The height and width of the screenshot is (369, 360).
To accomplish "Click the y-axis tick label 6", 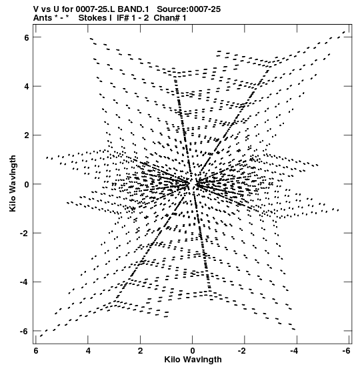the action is pyautogui.click(x=27, y=37).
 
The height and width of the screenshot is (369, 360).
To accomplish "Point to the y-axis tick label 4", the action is pyautogui.click(x=27, y=86).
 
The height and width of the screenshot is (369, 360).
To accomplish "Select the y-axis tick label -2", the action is pyautogui.click(x=25, y=234).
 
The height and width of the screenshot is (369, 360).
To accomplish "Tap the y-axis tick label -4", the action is pyautogui.click(x=25, y=282).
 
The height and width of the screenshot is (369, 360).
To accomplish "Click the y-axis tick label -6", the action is pyautogui.click(x=25, y=331).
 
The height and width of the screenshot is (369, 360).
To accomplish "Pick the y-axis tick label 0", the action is pyautogui.click(x=27, y=184).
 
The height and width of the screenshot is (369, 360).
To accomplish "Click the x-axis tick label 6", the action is pyautogui.click(x=36, y=351).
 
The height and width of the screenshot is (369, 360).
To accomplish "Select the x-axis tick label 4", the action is pyautogui.click(x=88, y=351).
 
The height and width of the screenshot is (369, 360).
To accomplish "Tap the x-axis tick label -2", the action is pyautogui.click(x=242, y=351).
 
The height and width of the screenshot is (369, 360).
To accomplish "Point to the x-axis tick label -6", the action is pyautogui.click(x=347, y=351).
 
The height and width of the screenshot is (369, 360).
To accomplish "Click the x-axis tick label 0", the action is pyautogui.click(x=193, y=351).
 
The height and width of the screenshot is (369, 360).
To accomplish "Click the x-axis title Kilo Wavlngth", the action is pyautogui.click(x=193, y=360).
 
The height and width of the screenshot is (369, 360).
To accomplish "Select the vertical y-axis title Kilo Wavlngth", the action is pyautogui.click(x=13, y=183).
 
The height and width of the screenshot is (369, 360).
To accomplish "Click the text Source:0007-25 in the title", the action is pyautogui.click(x=189, y=9).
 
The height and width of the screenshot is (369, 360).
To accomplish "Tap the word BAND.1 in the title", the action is pyautogui.click(x=133, y=9).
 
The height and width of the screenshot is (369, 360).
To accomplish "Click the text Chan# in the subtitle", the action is pyautogui.click(x=167, y=18).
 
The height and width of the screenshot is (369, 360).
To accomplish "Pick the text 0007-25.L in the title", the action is pyautogui.click(x=95, y=9).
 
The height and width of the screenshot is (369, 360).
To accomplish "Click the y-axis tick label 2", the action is pyautogui.click(x=27, y=135).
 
